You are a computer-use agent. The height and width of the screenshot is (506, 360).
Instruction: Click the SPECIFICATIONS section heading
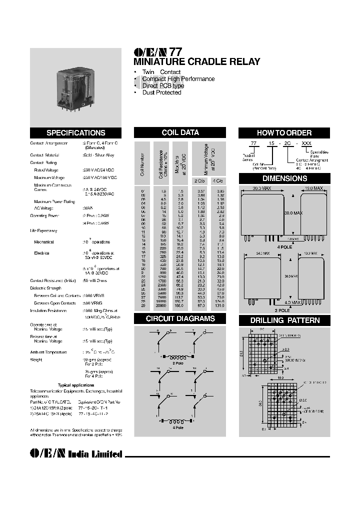[75, 133]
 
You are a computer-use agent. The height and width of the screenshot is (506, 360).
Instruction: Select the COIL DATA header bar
[180, 132]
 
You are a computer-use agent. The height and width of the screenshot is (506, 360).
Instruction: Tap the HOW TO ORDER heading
[284, 133]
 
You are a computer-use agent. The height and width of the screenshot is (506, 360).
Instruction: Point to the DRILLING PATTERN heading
[284, 320]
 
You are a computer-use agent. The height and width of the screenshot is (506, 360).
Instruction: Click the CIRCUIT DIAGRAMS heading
[180, 318]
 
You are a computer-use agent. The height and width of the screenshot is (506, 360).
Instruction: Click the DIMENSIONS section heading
[284, 178]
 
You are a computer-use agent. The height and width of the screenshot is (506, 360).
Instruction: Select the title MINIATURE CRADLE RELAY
[196, 62]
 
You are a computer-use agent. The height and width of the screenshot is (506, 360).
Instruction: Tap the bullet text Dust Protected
[161, 92]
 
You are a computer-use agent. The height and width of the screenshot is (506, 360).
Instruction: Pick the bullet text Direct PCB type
[163, 85]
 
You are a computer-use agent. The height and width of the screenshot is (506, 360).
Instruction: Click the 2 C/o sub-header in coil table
[200, 180]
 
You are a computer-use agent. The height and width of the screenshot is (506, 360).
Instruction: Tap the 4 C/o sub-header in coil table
[217, 180]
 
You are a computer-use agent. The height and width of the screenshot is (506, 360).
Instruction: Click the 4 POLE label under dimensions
[284, 246]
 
